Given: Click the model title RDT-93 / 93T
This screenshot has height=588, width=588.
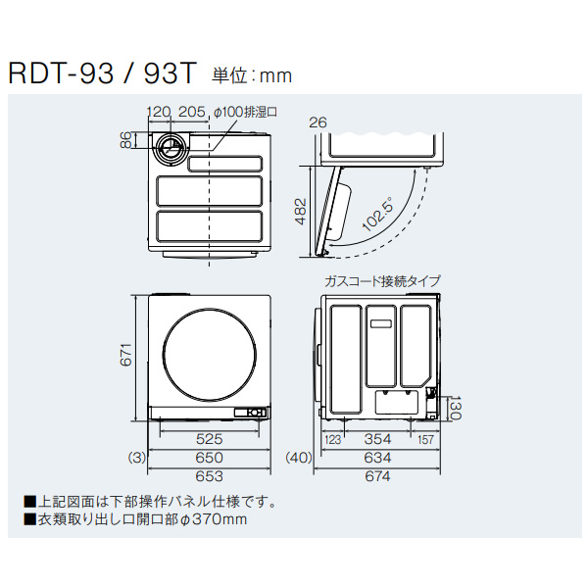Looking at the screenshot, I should click(102, 73).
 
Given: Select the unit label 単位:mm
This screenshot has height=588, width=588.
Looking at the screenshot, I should click(250, 74).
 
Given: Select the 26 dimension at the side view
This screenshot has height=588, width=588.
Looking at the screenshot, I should click(316, 122).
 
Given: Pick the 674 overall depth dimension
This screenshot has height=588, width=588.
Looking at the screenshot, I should click(377, 476).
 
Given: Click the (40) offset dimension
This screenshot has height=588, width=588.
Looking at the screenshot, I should click(298, 458).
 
